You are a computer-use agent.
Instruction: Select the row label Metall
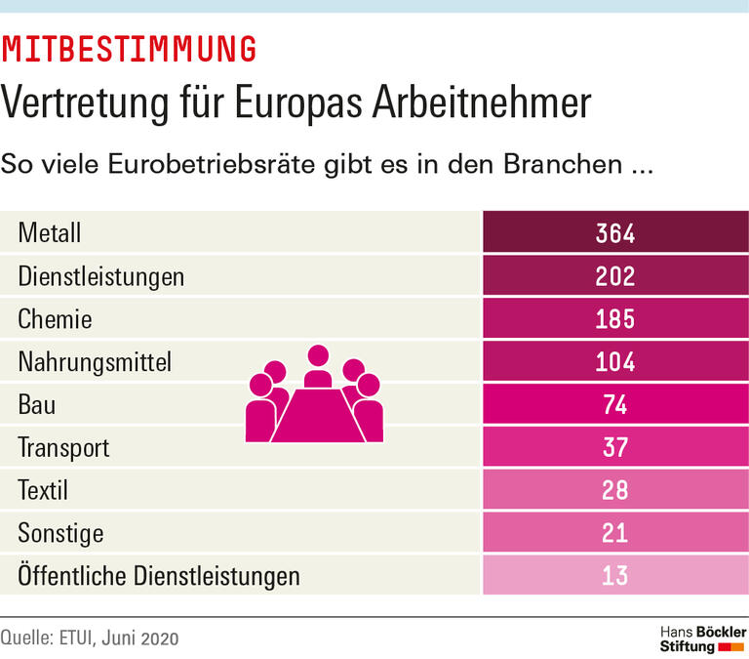click(49, 233)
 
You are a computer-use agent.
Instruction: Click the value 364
click(615, 233)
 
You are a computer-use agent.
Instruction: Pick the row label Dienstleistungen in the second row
click(101, 276)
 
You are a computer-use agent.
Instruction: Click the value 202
click(615, 276)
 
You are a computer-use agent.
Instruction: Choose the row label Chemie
click(55, 319)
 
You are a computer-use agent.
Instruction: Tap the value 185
click(615, 319)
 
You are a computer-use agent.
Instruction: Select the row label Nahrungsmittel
click(95, 362)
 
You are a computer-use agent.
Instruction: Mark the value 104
click(615, 362)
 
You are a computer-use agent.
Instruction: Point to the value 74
click(615, 405)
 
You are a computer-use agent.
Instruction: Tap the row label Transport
click(63, 448)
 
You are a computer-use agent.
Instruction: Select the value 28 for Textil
click(615, 490)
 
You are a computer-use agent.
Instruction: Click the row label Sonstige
click(60, 533)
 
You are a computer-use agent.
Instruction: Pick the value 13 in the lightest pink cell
click(615, 576)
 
